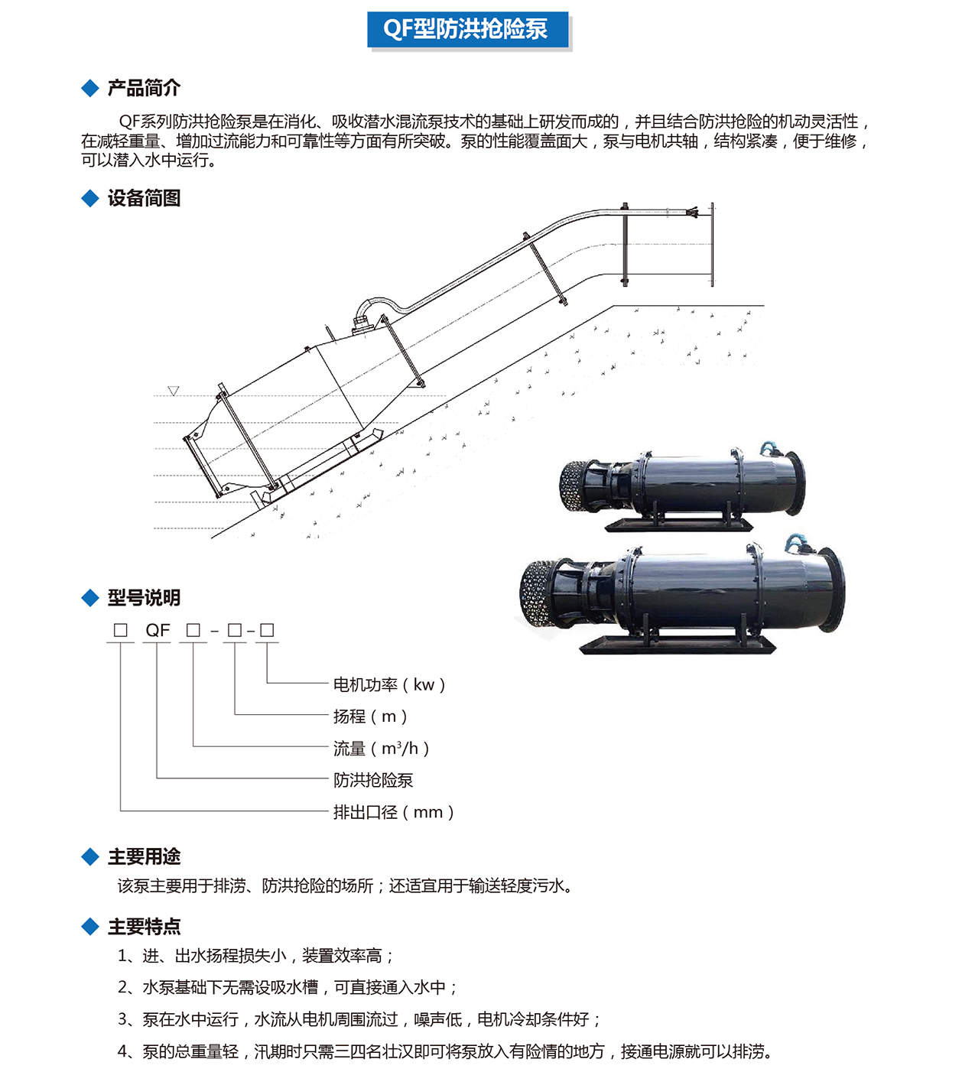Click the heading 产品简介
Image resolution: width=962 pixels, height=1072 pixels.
point(144,88)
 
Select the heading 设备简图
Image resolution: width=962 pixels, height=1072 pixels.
point(144,198)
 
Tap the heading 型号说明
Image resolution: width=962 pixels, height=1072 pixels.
point(144,598)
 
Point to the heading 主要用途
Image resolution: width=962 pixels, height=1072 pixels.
point(144,856)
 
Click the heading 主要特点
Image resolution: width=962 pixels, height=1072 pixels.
point(144,927)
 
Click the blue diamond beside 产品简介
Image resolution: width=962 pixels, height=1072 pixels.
point(90,88)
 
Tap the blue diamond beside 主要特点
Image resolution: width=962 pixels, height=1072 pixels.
point(90,927)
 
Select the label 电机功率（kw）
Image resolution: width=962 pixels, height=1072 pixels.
point(389,684)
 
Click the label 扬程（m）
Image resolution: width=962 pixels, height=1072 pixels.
point(370,716)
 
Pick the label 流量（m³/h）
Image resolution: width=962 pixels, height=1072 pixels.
point(381,749)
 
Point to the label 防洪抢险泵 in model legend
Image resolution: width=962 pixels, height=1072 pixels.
point(373,780)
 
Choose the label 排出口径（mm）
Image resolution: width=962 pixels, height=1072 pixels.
point(394,812)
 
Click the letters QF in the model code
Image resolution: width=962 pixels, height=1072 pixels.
point(158,630)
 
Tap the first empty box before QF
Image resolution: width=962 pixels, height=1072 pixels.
point(121,630)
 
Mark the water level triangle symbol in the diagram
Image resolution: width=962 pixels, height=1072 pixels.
point(174,391)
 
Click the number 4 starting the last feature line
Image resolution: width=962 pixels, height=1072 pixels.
point(122,1051)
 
